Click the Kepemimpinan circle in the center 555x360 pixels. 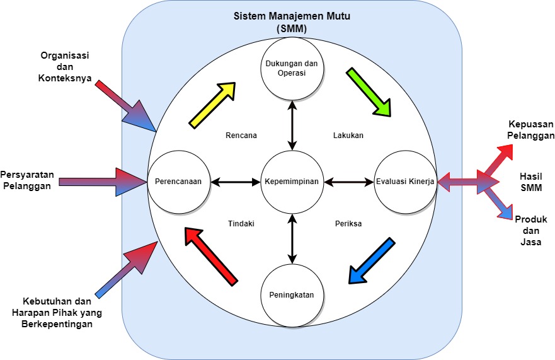292,182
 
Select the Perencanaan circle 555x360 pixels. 178,182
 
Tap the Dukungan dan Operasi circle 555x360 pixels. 292,68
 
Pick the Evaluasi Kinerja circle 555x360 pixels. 405,182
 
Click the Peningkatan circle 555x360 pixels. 292,294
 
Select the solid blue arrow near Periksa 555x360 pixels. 371,260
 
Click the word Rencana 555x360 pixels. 241,135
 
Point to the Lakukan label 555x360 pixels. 348,135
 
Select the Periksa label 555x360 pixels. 348,223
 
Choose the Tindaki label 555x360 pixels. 241,223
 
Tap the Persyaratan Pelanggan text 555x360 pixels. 26,180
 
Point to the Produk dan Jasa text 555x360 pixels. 530,230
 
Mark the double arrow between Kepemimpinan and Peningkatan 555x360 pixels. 292,238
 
